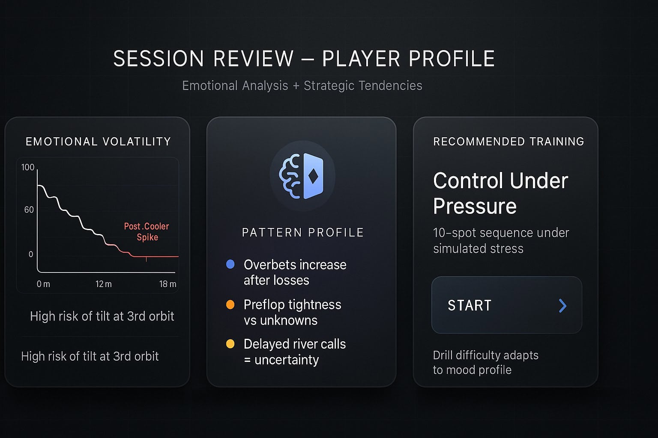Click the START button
(507, 305)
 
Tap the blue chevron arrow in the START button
(562, 306)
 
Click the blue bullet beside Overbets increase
(230, 264)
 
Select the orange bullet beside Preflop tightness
(230, 305)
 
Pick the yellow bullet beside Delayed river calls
(230, 344)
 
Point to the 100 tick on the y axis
(28, 167)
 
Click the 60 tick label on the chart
(29, 210)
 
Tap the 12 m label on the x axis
(103, 284)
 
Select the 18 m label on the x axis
(168, 284)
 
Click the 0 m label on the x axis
(43, 284)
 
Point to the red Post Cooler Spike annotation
(147, 232)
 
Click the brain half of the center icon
(290, 176)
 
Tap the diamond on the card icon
(313, 176)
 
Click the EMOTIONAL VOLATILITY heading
(98, 142)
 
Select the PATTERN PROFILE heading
(303, 232)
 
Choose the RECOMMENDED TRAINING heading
(508, 142)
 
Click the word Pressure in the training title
(475, 206)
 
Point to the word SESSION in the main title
(159, 59)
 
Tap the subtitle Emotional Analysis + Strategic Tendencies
(302, 86)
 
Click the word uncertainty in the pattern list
(287, 360)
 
